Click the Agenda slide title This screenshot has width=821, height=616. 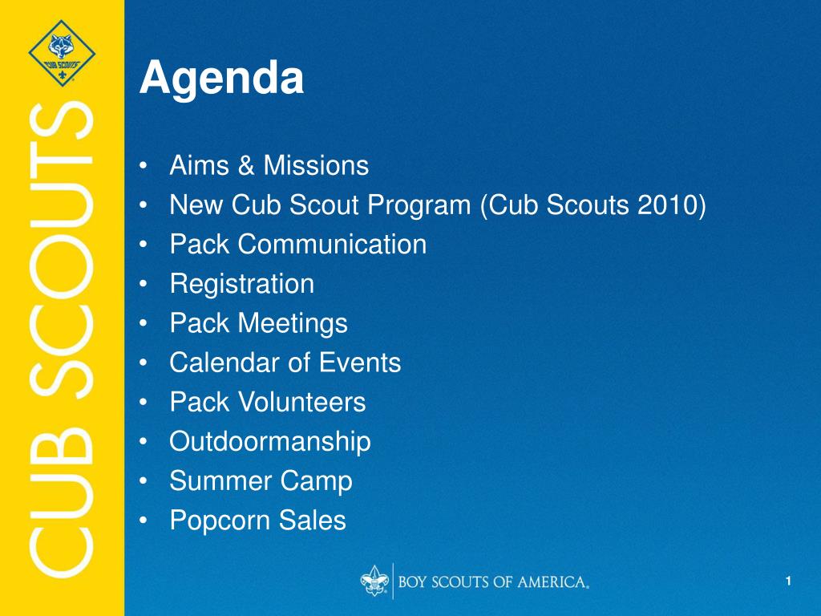[x=221, y=79]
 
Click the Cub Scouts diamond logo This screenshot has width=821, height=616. [x=62, y=53]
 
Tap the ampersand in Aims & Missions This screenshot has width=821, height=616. [x=246, y=165]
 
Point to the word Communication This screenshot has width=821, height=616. [x=333, y=244]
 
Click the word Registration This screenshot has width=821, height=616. [x=242, y=284]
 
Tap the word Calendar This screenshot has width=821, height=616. [x=224, y=363]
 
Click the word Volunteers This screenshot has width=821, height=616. [x=302, y=403]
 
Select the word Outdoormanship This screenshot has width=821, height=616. [x=270, y=442]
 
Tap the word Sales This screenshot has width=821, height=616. [x=312, y=520]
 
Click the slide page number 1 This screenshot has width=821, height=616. [x=788, y=581]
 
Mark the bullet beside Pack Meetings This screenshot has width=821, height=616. [x=144, y=324]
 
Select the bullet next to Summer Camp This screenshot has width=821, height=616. [x=144, y=481]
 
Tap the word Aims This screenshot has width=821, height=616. [x=200, y=165]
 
